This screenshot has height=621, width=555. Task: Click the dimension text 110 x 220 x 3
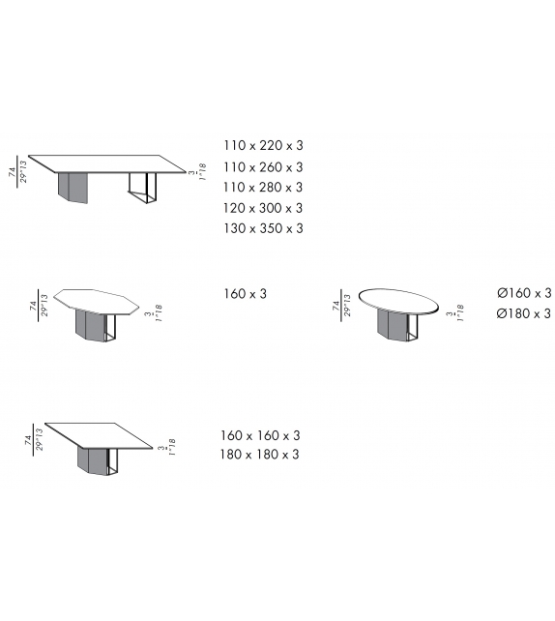tap(263, 145)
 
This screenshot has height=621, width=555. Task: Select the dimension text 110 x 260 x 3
tap(263, 166)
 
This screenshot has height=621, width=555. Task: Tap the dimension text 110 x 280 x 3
tap(263, 187)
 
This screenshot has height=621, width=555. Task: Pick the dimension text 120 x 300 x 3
tap(263, 208)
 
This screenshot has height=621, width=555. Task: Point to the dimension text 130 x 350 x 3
tap(263, 228)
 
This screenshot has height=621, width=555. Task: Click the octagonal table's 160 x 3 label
tap(245, 292)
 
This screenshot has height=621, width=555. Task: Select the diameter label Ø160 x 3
tap(523, 292)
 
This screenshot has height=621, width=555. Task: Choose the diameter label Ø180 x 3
tap(523, 313)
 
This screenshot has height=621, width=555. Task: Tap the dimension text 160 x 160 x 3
tap(260, 435)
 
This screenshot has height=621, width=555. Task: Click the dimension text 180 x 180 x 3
tap(260, 455)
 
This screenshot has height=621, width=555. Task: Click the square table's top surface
tap(101, 435)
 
